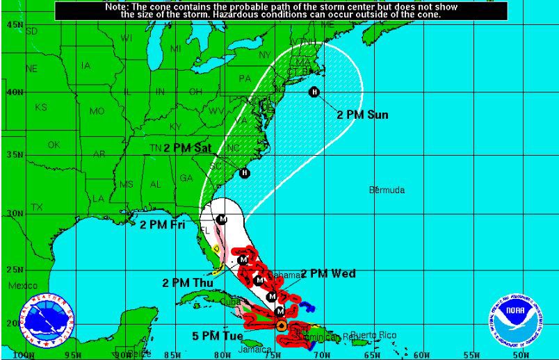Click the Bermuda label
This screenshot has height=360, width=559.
(387, 190)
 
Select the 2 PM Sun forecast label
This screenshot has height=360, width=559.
(362, 115)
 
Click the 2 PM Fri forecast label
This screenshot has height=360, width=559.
(162, 224)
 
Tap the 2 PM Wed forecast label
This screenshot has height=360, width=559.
(328, 273)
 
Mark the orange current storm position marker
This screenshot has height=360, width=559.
(281, 325)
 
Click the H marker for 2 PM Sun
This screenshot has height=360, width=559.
(314, 92)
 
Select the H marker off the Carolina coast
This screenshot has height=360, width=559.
(244, 173)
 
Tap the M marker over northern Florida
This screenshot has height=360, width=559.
(222, 219)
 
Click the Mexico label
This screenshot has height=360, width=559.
(23, 286)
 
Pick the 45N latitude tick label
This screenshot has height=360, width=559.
(14, 24)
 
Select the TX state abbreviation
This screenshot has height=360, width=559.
(37, 207)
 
